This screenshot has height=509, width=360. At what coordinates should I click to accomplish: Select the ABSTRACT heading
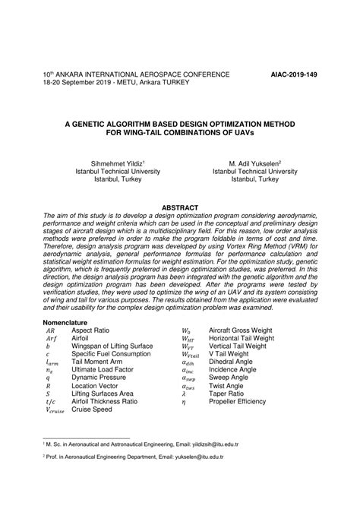[x=180, y=207]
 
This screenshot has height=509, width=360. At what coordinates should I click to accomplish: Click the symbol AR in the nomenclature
[x=50, y=332]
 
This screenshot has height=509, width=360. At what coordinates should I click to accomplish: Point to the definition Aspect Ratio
[x=91, y=332]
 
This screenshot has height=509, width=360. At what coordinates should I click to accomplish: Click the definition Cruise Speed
[x=92, y=409]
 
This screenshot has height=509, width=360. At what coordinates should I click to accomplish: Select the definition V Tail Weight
[x=228, y=355]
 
